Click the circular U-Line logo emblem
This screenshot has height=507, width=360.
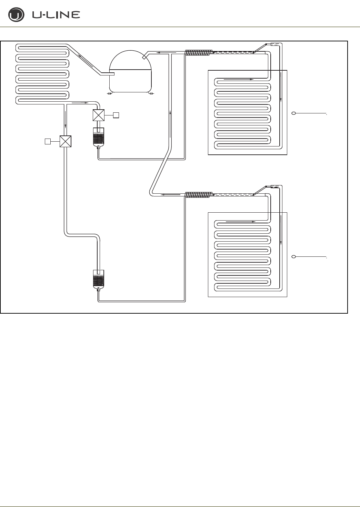(16, 15)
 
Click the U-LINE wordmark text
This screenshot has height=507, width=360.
(56, 15)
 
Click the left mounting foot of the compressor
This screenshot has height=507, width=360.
(109, 93)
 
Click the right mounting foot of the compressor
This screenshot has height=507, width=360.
(151, 93)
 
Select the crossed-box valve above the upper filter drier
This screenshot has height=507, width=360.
(99, 115)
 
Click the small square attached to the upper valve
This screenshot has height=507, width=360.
(116, 115)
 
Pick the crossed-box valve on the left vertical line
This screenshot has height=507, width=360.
(66, 141)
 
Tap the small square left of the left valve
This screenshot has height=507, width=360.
(48, 141)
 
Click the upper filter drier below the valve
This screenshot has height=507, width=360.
(99, 137)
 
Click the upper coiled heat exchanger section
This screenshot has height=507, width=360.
(198, 53)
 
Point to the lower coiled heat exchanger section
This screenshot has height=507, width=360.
(198, 195)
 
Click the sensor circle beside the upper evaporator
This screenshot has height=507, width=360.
(294, 113)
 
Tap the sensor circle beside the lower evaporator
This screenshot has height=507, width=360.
(294, 257)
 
